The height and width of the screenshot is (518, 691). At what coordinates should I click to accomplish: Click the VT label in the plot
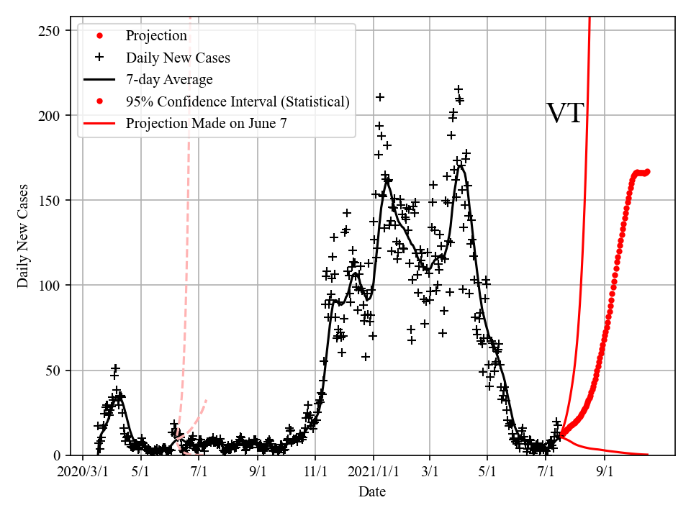(x=565, y=114)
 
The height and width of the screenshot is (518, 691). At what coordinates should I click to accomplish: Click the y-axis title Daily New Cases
(x=24, y=236)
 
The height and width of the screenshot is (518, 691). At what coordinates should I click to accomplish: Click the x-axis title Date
(x=372, y=492)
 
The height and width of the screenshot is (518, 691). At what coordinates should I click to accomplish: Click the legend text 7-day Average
(x=169, y=79)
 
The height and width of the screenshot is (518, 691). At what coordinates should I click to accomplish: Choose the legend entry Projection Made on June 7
(x=207, y=124)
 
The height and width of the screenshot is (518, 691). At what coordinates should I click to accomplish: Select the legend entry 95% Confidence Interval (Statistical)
(x=238, y=101)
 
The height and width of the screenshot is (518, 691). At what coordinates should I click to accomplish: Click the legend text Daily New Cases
(x=178, y=58)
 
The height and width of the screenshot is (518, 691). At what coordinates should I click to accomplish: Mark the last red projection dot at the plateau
(x=647, y=172)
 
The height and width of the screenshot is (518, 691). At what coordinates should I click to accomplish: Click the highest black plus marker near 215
(x=458, y=89)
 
